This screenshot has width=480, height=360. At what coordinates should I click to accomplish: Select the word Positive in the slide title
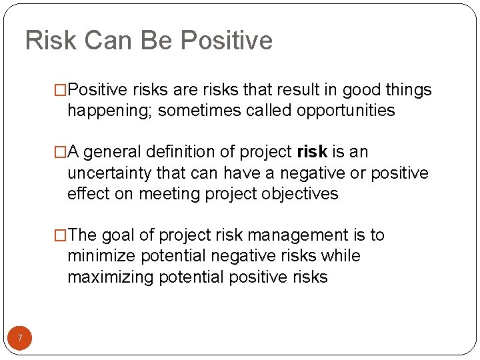227,41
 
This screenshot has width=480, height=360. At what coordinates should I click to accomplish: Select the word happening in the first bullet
109,111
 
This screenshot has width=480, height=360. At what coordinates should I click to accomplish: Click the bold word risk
311,152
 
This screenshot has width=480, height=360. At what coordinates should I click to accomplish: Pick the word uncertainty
110,173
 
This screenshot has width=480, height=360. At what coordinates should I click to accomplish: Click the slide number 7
20,339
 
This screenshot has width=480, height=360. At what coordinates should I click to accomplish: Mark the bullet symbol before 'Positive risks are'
61,90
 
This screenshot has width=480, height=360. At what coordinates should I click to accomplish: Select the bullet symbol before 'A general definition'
61,152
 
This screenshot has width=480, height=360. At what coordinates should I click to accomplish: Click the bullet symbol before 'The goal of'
61,235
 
